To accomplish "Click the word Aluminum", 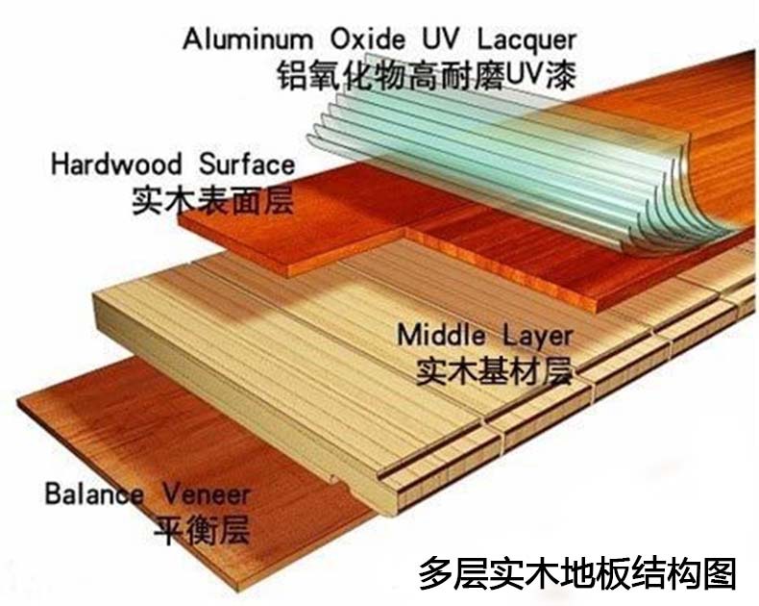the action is [x=247, y=38].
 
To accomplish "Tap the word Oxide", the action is [x=367, y=38].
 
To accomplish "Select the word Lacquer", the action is [x=527, y=40].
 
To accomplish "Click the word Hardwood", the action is [x=116, y=164].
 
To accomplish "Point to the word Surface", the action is [x=247, y=164].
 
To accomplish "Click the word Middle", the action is [x=441, y=335].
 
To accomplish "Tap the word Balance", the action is [x=94, y=494].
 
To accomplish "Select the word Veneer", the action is [x=207, y=494].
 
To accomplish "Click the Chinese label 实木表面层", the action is [x=213, y=200].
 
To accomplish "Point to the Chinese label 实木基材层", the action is [x=495, y=371].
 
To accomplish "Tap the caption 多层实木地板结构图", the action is [x=577, y=573].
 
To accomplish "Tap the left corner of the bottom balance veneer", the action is [x=17, y=401].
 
